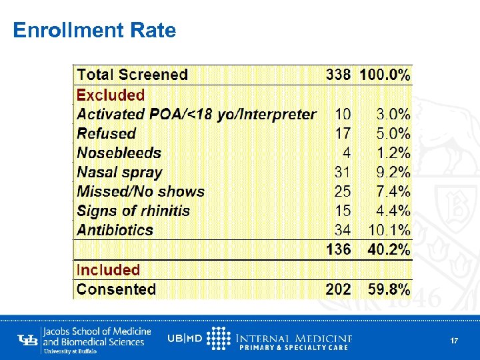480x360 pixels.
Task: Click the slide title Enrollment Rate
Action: pyautogui.click(x=94, y=31)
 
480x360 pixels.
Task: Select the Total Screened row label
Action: pyautogui.click(x=132, y=75)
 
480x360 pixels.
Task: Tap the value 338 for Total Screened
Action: pyautogui.click(x=338, y=75)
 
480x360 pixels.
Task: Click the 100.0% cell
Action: pyautogui.click(x=385, y=75)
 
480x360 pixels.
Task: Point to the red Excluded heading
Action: pyautogui.click(x=111, y=95)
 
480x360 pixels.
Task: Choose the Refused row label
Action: pyautogui.click(x=106, y=133)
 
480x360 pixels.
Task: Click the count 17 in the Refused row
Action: pyautogui.click(x=342, y=133)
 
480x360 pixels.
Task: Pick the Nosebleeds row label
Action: pyautogui.click(x=119, y=153)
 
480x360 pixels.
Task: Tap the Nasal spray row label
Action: pyautogui.click(x=119, y=172)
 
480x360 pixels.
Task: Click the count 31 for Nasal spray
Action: pyautogui.click(x=342, y=172)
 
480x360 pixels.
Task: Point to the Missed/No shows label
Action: pyautogui.click(x=141, y=191)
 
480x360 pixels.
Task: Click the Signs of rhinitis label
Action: pyautogui.click(x=133, y=211)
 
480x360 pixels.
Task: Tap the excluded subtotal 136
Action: pyautogui.click(x=338, y=250)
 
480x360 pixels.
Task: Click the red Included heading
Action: pyautogui.click(x=108, y=270)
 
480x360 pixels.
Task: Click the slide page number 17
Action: pyautogui.click(x=454, y=341)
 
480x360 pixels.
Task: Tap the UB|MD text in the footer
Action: pyautogui.click(x=185, y=338)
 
